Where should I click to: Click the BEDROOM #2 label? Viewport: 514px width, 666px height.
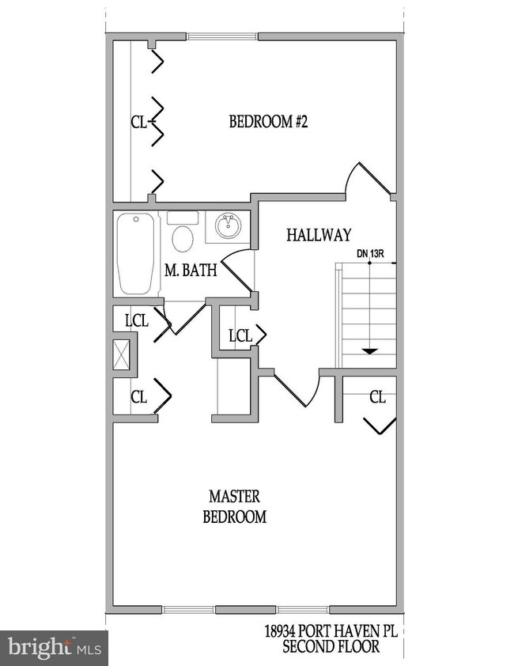267,122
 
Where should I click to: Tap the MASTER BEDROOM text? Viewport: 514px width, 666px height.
234,506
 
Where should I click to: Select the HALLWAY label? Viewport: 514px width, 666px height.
318,235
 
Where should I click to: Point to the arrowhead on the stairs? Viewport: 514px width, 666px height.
367,350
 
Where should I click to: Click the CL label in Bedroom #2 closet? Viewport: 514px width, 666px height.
139,122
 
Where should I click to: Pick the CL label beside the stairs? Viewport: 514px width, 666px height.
377,397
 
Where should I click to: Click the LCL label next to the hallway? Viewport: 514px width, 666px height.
240,335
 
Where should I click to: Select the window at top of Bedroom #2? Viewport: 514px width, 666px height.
222,36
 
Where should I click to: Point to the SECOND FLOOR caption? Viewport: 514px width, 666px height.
331,647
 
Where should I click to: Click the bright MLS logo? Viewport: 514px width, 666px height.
53,648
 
